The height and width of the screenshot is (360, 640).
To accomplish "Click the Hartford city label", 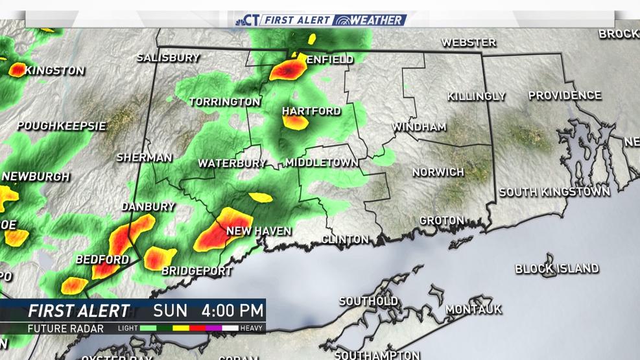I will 311,112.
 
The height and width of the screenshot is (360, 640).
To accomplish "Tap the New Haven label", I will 259,231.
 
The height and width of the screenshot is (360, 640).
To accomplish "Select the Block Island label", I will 556,269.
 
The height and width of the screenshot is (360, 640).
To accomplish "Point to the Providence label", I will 564,95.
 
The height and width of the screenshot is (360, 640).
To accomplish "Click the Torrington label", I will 224,102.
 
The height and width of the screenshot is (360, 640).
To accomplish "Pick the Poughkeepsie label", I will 61,126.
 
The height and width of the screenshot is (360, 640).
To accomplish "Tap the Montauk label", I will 474,309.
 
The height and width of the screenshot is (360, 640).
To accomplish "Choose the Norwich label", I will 439,172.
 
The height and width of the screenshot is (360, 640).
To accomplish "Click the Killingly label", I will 476,96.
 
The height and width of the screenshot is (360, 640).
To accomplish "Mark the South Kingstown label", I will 554,192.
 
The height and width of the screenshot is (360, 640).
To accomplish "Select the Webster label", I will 468,43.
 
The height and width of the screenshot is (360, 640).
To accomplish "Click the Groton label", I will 442,221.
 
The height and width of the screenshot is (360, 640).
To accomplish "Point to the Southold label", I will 368,302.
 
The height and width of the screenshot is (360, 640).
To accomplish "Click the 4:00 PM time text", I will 233,310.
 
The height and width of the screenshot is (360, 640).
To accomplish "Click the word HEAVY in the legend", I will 251,328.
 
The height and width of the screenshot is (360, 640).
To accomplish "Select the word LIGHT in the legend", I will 128,328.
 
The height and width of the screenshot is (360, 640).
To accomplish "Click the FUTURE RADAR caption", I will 65,328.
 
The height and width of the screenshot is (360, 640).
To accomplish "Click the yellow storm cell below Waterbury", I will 261,197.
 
